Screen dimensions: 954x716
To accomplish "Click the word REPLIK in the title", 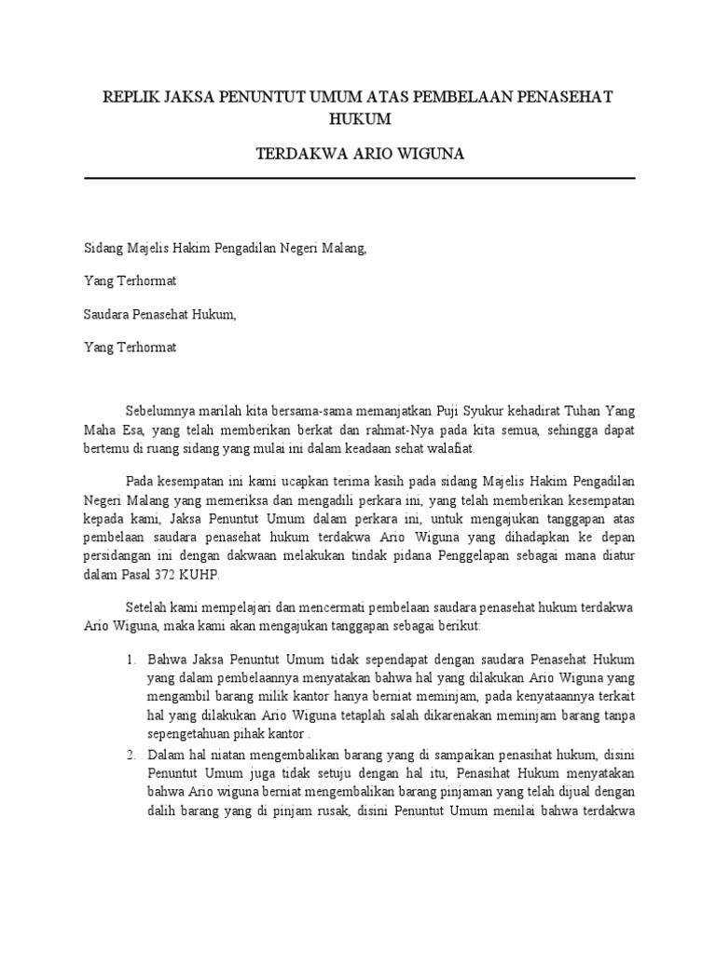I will tap(131, 98).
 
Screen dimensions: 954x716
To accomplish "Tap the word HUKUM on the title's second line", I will tap(359, 119).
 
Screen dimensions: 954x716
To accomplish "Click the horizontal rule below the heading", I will tap(359, 178).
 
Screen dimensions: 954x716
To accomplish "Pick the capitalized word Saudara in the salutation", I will tap(107, 314).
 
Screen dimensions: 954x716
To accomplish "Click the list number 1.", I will tap(131, 659).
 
